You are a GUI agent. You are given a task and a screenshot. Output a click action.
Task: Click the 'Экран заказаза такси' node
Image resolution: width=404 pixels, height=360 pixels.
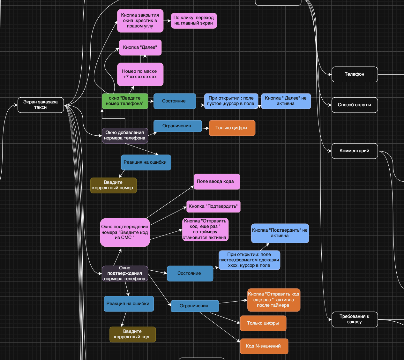point(41,105)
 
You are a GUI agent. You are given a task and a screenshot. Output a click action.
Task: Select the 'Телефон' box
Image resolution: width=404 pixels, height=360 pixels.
point(355,74)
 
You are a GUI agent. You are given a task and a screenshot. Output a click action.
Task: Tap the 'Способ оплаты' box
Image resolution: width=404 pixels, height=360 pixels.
point(355,105)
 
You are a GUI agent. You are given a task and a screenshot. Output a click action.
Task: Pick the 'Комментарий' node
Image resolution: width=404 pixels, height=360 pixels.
point(355,151)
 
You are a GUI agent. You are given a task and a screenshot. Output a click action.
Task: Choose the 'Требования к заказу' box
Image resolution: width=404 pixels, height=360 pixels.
point(355,319)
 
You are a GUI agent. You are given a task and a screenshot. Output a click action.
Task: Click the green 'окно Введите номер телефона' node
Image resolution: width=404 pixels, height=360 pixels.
point(125,101)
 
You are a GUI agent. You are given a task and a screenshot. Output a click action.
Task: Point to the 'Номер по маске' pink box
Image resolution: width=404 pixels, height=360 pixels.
point(140,74)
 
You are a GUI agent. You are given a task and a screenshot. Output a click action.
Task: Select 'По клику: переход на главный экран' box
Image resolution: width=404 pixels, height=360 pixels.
point(194,20)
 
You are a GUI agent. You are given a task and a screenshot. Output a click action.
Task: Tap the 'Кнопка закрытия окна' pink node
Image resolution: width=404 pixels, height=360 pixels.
point(140,20)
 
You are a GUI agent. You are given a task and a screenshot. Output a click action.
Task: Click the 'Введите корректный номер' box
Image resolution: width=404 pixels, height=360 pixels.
point(113,185)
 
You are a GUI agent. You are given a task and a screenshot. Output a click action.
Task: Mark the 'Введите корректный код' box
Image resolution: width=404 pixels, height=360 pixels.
point(132,334)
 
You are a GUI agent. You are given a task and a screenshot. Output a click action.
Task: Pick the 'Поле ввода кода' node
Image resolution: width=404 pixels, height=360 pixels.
point(217,181)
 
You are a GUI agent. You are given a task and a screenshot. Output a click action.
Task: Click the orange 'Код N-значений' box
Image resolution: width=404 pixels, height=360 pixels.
point(264,346)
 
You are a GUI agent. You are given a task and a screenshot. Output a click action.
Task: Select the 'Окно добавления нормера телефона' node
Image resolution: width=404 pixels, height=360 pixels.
point(125,135)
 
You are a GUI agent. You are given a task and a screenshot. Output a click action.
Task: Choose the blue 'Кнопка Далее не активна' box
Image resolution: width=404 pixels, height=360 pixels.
point(286,101)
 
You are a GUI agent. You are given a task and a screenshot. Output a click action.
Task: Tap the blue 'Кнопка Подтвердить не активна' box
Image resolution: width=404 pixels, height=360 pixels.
point(280,233)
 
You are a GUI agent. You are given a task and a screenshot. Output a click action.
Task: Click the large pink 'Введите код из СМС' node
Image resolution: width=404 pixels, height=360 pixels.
point(125,232)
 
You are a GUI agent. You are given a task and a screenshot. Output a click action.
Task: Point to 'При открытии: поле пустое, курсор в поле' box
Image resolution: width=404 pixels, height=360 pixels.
point(231,101)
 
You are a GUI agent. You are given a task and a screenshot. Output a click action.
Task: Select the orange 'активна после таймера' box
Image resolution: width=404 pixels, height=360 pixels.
point(273,300)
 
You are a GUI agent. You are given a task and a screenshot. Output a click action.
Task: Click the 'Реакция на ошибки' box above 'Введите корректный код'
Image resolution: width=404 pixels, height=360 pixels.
point(129,304)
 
